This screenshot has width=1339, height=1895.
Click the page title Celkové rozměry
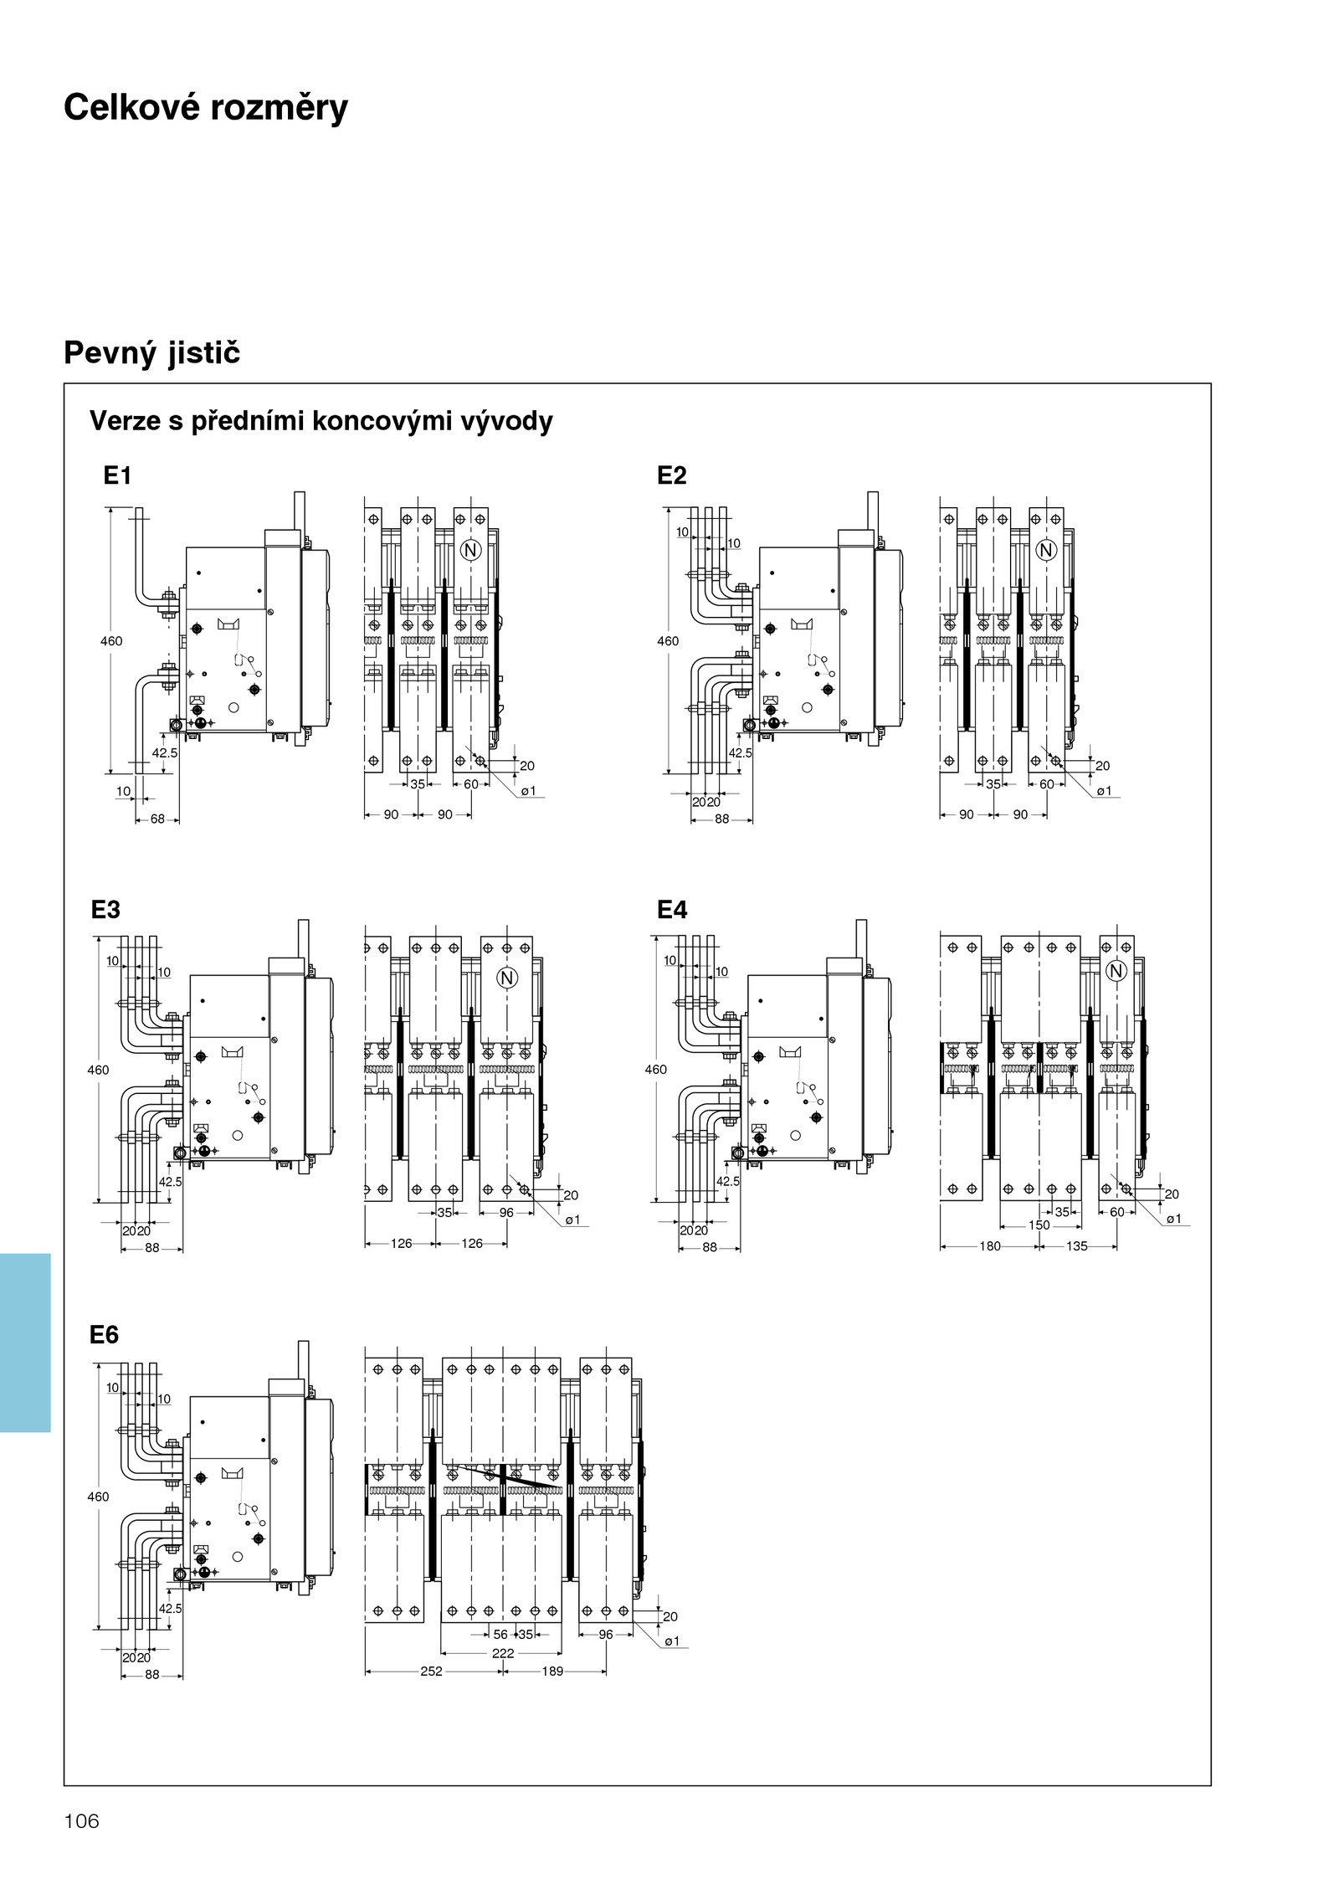click(x=206, y=108)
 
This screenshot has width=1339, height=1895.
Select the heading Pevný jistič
click(x=151, y=352)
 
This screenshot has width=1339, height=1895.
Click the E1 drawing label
click(x=117, y=475)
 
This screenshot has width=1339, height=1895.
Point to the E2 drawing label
click(x=671, y=475)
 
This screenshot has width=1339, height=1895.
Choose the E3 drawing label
click(x=105, y=909)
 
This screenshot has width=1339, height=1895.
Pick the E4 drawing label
click(x=671, y=909)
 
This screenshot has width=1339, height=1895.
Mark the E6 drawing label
click(x=104, y=1334)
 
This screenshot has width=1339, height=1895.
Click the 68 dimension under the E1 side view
click(x=157, y=819)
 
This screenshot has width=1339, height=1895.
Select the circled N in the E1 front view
click(x=471, y=550)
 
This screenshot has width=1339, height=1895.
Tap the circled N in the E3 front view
click(x=506, y=978)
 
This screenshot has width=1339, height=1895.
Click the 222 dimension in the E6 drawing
click(x=503, y=1653)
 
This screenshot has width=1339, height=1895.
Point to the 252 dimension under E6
click(x=431, y=1671)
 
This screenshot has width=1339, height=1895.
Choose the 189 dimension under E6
click(x=552, y=1671)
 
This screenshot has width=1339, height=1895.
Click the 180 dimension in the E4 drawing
click(x=990, y=1246)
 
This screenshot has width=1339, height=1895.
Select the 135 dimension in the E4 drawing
click(x=1076, y=1246)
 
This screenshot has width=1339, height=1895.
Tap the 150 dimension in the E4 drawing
click(x=1039, y=1225)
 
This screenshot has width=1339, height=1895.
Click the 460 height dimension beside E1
click(x=111, y=641)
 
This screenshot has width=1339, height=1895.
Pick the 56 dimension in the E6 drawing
click(x=500, y=1634)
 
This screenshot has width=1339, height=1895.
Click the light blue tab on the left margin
click(x=25, y=1343)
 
